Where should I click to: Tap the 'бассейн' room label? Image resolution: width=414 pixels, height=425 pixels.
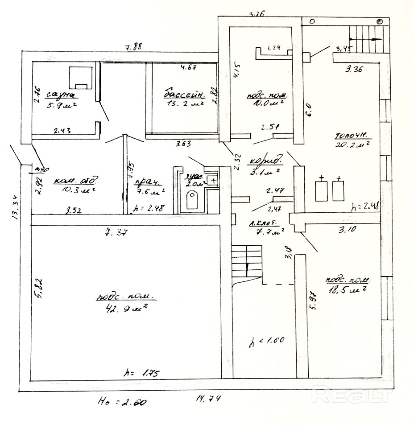(x=185, y=94)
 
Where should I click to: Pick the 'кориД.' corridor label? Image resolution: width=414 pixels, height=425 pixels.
(x=266, y=161)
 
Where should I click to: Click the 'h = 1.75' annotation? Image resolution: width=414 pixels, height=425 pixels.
(x=143, y=373)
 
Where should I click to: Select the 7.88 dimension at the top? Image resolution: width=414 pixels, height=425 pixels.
(x=134, y=46)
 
